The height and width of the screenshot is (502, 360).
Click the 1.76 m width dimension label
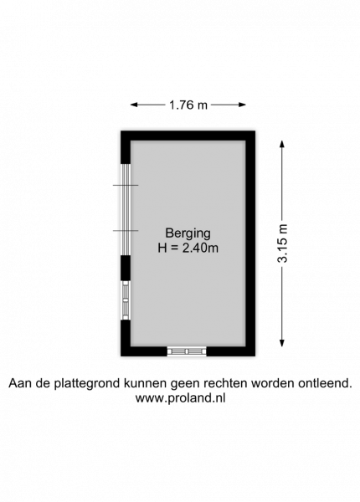click(188, 105)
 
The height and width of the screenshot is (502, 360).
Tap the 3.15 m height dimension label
click(282, 243)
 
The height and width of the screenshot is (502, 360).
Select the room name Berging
click(188, 233)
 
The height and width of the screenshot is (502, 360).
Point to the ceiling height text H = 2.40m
click(188, 248)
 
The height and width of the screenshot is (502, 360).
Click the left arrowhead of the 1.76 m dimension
click(134, 105)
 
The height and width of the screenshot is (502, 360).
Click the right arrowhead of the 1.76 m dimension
click(243, 105)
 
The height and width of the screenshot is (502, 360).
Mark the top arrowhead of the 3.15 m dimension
click(282, 144)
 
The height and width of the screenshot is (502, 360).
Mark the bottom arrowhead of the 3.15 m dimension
click(282, 343)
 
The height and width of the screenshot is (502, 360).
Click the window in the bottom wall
click(187, 351)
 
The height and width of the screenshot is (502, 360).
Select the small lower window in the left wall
click(126, 300)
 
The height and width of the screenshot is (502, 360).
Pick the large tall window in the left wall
click(126, 210)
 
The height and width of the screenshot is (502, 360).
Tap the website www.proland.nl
click(180, 398)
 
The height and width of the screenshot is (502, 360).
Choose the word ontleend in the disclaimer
click(325, 383)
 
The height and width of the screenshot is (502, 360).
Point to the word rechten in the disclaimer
click(228, 383)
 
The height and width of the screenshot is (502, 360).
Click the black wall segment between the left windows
click(126, 269)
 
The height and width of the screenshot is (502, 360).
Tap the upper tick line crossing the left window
click(126, 185)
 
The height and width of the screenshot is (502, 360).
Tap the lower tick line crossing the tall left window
click(126, 231)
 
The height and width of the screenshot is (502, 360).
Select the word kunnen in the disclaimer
click(146, 383)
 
